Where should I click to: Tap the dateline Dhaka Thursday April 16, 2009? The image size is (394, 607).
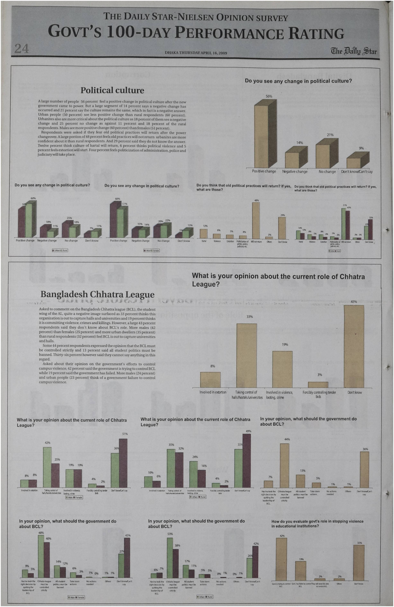pyautogui.click(x=196, y=53)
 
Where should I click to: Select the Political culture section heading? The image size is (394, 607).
pyautogui.click(x=112, y=90)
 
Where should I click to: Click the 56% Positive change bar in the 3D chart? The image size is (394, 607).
pyautogui.click(x=261, y=135)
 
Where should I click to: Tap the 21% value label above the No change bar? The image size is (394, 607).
pyautogui.click(x=330, y=135)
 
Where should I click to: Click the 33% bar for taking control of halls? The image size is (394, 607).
pyautogui.click(x=246, y=356)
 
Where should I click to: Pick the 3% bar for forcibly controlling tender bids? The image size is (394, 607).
pyautogui.click(x=318, y=385)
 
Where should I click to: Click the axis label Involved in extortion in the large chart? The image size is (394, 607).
pyautogui.click(x=213, y=392)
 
